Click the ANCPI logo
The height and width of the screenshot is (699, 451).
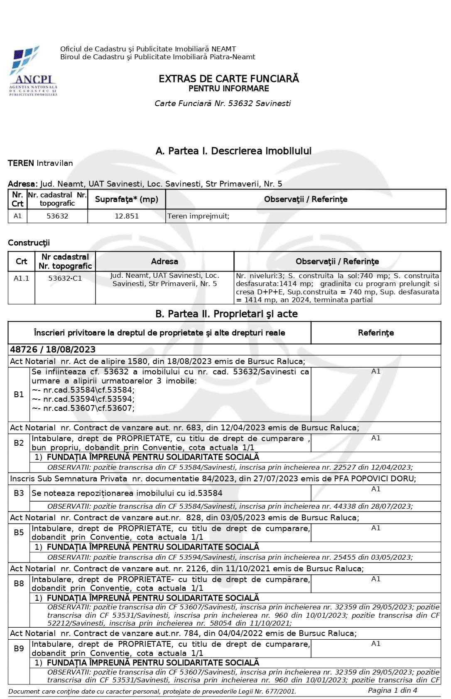pos(33,71)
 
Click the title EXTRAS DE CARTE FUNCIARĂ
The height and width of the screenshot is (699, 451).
pos(228,79)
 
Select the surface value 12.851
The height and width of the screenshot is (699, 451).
pos(127,216)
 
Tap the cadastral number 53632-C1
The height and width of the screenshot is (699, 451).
pos(65,278)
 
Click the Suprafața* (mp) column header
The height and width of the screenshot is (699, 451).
pos(127,199)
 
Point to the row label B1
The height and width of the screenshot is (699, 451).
pos(19,394)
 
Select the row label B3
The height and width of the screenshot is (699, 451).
pos(19,493)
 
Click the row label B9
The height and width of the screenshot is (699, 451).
pos(19,648)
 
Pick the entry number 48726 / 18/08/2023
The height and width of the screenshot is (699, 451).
pos(53,349)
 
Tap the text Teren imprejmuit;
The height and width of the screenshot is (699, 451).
pos(198,216)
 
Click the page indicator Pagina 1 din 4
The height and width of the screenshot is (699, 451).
pos(392,690)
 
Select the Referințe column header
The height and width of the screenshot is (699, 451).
pos(375,333)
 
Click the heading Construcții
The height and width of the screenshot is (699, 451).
pos(29,243)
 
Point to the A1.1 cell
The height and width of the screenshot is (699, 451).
pos(21,278)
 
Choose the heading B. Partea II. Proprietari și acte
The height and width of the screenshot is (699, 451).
pos(226,314)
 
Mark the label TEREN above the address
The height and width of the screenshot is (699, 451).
pos(21,163)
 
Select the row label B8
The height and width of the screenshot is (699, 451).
pos(19,583)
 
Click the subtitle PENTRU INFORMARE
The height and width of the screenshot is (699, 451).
pos(228,89)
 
